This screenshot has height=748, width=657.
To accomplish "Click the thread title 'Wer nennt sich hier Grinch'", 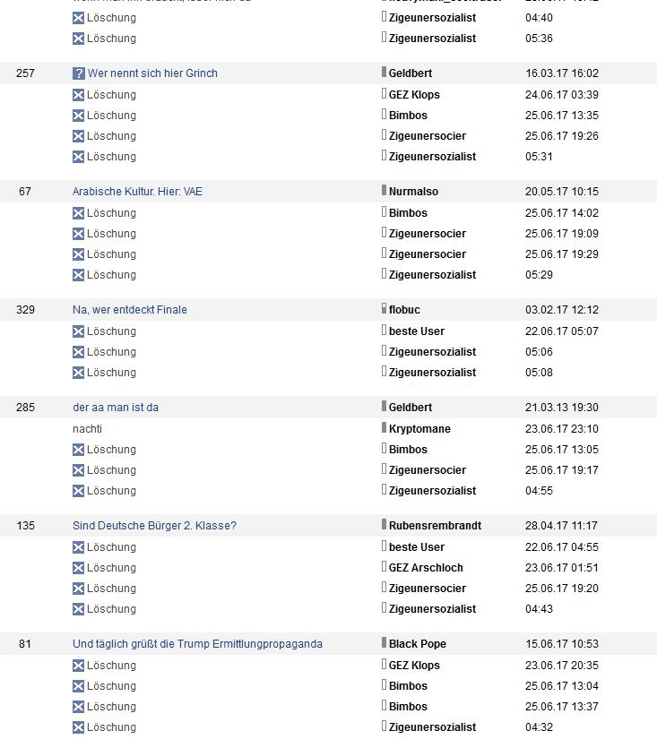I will point(152,73).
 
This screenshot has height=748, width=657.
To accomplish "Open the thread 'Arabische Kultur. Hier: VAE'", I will point(137,192).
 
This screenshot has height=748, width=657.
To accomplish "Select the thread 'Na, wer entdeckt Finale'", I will point(130,310).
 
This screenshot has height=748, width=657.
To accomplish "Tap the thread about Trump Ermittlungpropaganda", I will point(197,644).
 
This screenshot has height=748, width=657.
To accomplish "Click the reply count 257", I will point(25,73).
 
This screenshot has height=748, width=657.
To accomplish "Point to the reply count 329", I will point(25,310).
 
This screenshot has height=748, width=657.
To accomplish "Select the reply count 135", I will point(25,526).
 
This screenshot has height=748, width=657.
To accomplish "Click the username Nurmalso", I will point(413,192).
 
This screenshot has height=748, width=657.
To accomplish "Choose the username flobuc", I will point(404,310).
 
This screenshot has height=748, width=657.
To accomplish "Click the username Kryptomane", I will point(419,429).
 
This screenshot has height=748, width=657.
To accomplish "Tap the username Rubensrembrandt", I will point(435,526).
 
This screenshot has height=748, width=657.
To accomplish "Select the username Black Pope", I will point(417,644).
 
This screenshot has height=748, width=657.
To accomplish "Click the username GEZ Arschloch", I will point(426,568).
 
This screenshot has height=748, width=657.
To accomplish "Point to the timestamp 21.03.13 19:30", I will point(561,408).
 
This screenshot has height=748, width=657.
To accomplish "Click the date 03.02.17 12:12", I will point(561,310).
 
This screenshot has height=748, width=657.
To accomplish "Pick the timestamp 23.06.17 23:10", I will point(561,429).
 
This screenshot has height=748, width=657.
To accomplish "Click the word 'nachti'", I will point(87,429).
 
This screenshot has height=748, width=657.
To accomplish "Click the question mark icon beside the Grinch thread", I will point(79,73).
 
